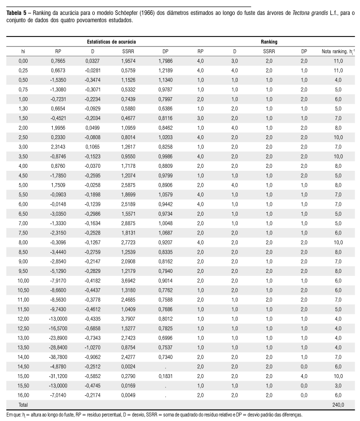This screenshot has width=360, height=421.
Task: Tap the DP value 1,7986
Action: (165, 60)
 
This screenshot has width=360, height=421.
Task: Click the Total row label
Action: (24, 405)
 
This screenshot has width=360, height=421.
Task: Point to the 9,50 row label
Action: (23, 270)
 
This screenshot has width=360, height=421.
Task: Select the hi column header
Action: (23, 51)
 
